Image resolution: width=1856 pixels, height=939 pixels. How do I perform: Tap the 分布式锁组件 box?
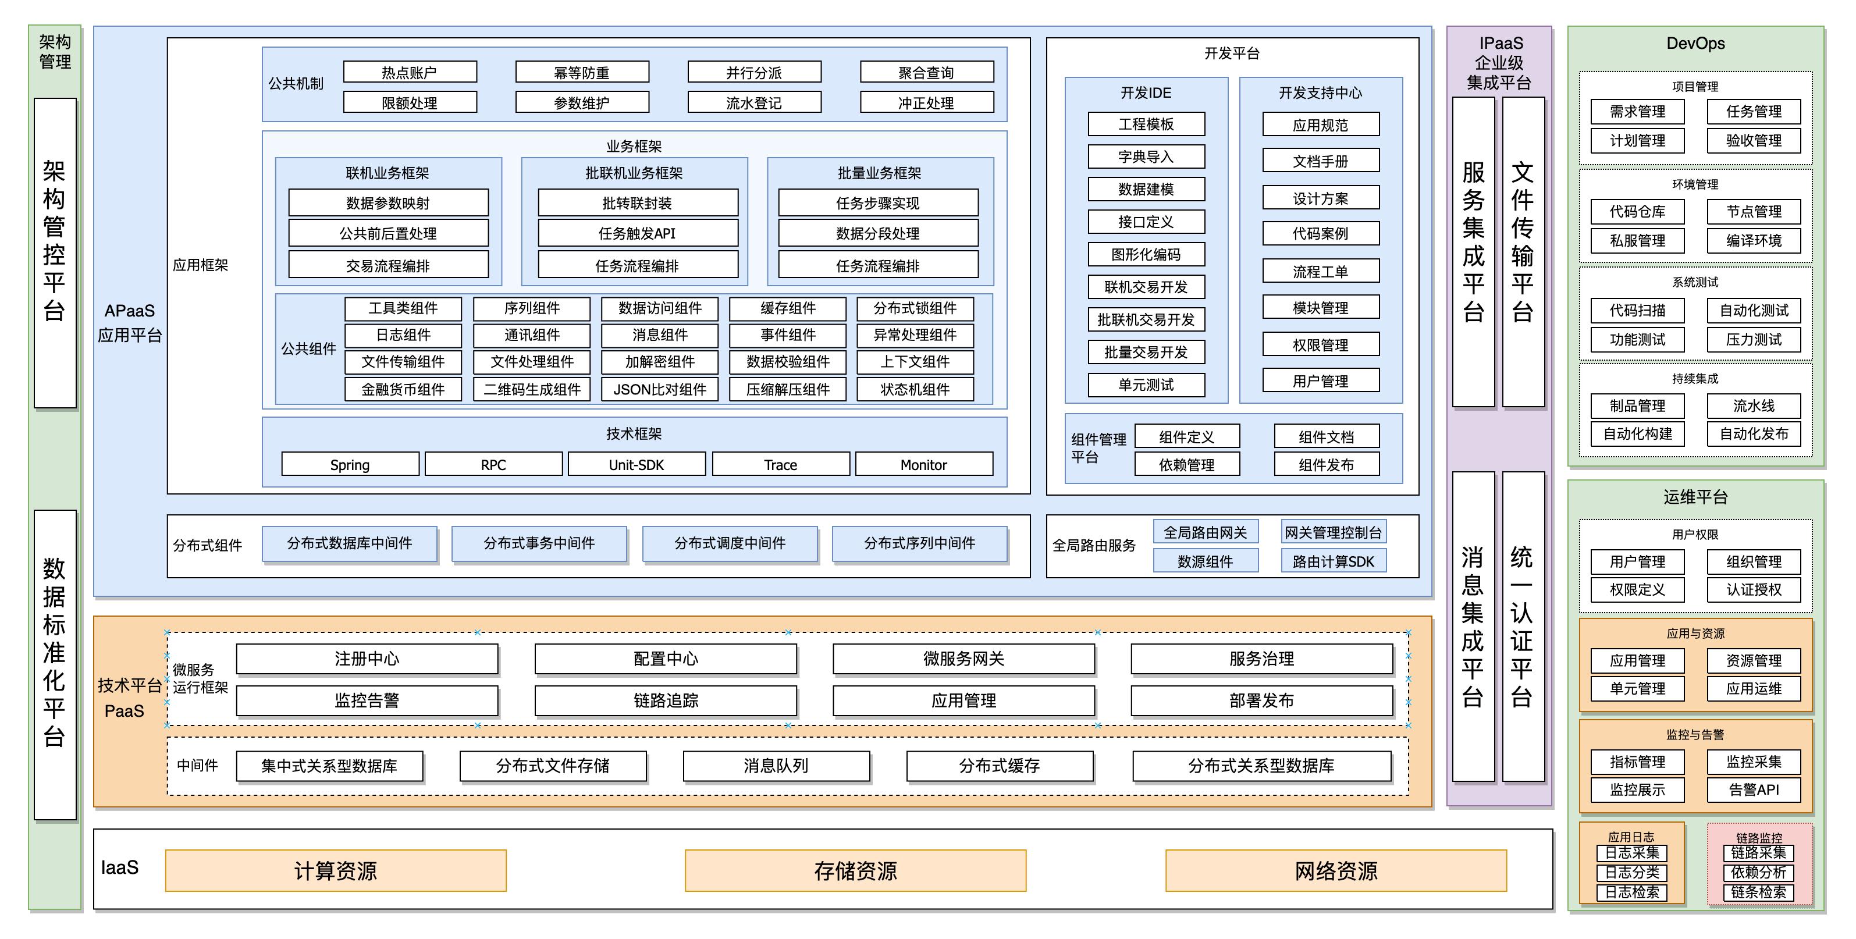click(915, 308)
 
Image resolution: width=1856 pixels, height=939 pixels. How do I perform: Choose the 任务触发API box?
click(637, 233)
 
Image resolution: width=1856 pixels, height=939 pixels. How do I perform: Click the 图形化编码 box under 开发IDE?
click(1146, 254)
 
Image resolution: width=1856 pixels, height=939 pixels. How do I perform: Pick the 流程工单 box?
click(1320, 272)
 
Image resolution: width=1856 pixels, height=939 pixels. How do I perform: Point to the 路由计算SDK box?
click(1333, 561)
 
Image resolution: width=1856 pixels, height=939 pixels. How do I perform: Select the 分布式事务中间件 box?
click(538, 543)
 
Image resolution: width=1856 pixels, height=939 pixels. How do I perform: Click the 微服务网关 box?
click(963, 659)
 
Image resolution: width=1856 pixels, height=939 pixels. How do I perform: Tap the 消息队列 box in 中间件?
click(776, 765)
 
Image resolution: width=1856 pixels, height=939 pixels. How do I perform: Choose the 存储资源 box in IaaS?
click(855, 870)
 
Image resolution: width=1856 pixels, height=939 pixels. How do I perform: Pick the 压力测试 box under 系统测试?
click(1753, 339)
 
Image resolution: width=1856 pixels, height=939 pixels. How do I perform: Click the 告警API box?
click(1753, 789)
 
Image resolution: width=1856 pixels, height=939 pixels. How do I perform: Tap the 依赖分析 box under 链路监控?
click(1758, 872)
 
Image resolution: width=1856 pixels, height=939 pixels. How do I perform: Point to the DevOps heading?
click(1695, 43)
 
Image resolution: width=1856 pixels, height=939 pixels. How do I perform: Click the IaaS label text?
click(120, 867)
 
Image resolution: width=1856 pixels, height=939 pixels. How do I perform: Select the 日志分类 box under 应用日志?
click(1631, 872)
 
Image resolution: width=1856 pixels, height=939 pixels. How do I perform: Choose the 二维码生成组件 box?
click(532, 389)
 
